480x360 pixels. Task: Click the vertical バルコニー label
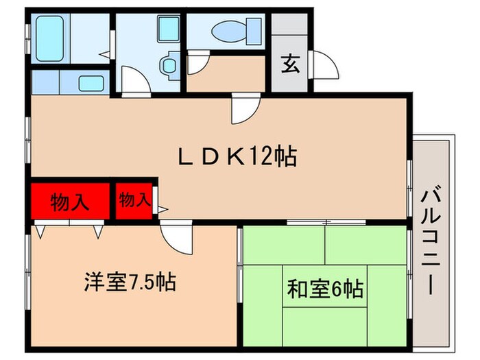431,240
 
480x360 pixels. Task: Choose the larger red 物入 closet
70,202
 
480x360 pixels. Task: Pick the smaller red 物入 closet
134,200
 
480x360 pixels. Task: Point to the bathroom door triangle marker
102,53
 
